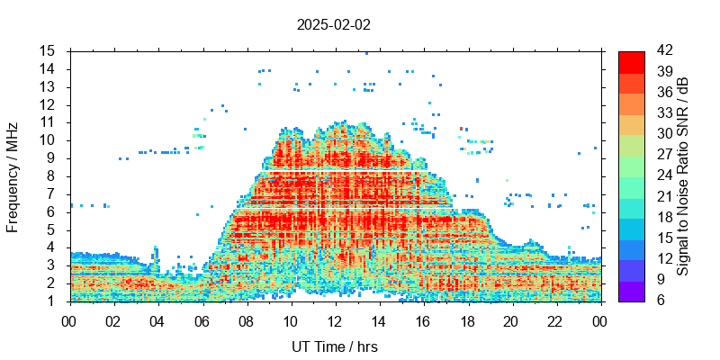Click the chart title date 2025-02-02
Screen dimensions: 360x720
[x=333, y=25]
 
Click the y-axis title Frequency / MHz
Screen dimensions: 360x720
[x=13, y=175]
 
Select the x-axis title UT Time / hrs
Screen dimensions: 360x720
[x=335, y=346]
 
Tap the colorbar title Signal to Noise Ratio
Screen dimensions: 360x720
[x=683, y=175]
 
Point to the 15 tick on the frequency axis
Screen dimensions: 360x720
[x=48, y=50]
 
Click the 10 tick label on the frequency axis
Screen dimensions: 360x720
[x=48, y=139]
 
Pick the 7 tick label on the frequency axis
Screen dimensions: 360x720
[x=51, y=193]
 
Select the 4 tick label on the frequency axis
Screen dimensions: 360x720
[x=51, y=247]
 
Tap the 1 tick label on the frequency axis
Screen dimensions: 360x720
[x=51, y=301]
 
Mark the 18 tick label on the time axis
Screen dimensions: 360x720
[x=467, y=319]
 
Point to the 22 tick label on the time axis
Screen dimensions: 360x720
[x=555, y=319]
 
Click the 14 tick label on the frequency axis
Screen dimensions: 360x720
[x=48, y=68]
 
